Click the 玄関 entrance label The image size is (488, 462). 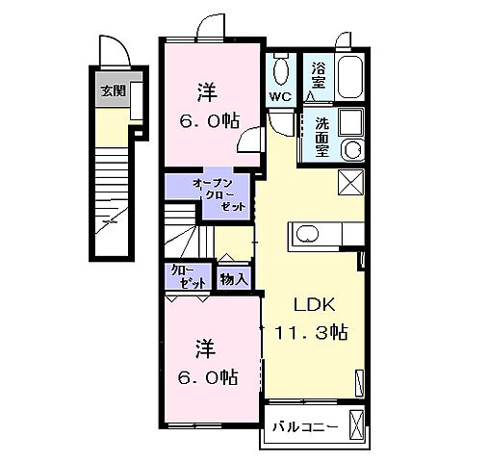pos(113,91)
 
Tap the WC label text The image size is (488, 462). pos(281,97)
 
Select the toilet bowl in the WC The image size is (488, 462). pos(281,70)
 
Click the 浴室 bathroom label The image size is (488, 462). pos(318,76)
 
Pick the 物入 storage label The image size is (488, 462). pos(234,279)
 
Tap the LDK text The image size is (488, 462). pos(313,306)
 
